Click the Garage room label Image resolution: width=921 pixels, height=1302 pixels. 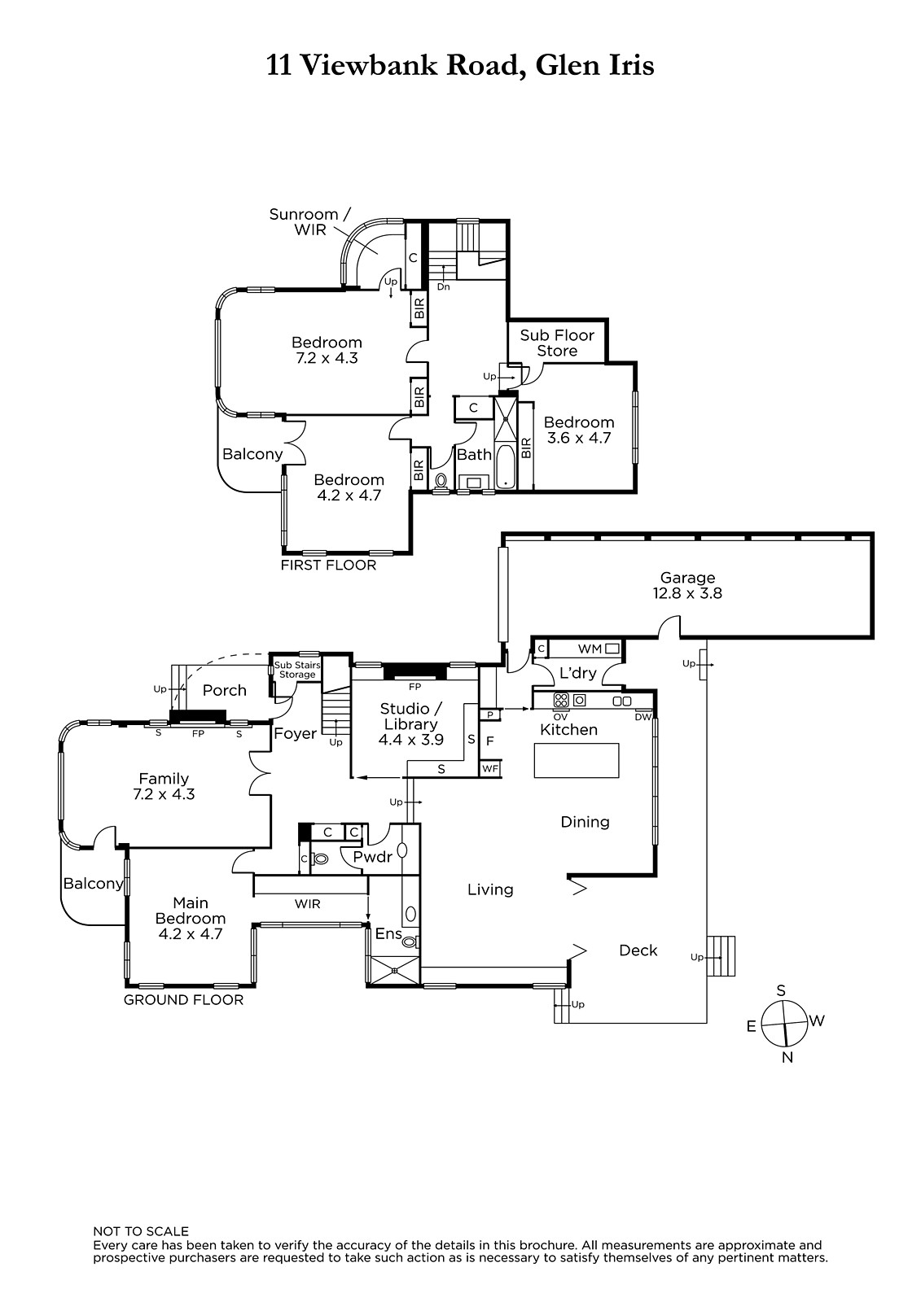point(687,585)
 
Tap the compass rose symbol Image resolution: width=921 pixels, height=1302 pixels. point(785,1024)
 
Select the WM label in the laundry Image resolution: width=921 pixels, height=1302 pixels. point(590,649)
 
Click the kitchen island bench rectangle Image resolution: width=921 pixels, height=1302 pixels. point(577,760)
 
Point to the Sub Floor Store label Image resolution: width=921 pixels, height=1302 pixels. point(557,343)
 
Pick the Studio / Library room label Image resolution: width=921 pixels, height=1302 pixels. point(410,723)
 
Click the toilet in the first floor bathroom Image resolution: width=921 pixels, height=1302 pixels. point(441,481)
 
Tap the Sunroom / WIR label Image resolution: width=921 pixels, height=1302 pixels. point(310,222)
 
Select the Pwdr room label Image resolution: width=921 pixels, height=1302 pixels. point(373,856)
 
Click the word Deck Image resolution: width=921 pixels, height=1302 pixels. point(638,950)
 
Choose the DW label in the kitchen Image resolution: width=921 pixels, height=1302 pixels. point(643,717)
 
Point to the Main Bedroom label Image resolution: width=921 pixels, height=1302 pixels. point(191,919)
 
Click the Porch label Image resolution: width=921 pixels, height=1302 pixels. point(225,690)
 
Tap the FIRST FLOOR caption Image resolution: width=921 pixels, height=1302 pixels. point(329,565)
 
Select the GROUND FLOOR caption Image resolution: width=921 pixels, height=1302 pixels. point(183,1000)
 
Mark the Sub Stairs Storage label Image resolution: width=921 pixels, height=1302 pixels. point(297,670)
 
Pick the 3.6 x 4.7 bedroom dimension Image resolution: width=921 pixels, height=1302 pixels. point(579,438)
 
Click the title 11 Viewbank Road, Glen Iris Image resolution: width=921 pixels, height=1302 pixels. point(460,65)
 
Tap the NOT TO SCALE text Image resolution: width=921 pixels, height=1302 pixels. point(141,1231)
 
